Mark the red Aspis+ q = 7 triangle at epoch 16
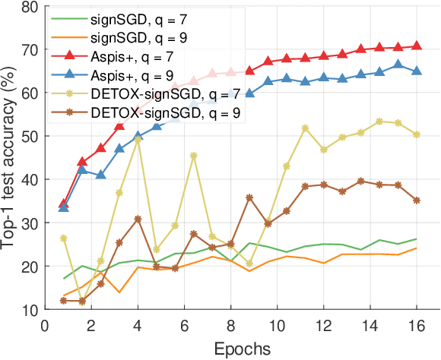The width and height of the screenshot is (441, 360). tap(417, 46)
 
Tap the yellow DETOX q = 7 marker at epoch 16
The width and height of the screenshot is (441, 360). tap(417, 134)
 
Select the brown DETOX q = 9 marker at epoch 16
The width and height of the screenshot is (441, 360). tap(417, 201)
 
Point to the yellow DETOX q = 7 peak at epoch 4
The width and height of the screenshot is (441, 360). tap(138, 139)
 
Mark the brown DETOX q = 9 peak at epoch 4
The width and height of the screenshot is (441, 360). tap(138, 219)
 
